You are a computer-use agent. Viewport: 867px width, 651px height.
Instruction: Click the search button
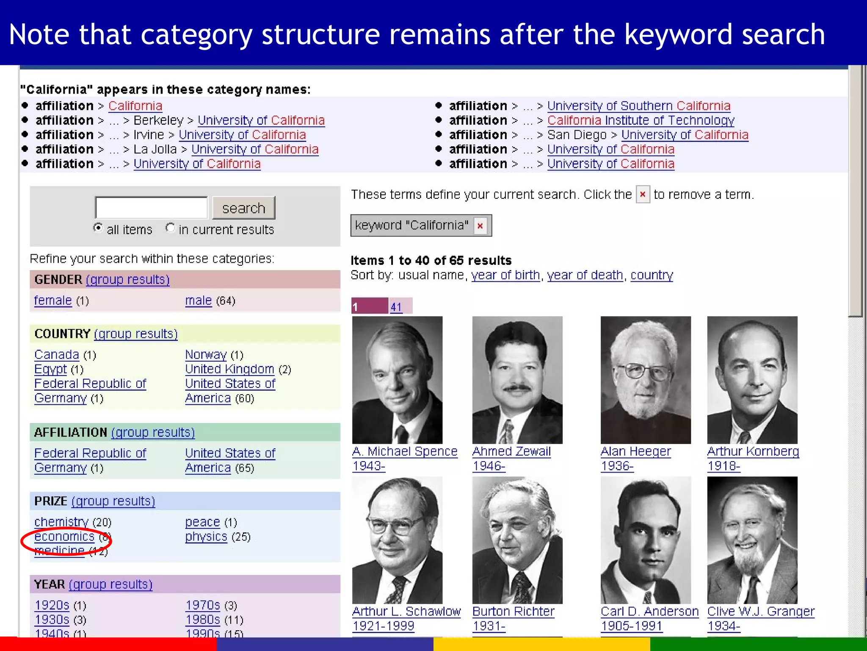coord(243,208)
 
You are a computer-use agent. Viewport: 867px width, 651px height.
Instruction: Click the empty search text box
coord(151,208)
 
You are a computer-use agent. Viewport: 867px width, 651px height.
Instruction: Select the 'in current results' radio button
coord(170,228)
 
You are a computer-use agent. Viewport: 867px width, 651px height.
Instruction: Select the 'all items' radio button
coord(98,228)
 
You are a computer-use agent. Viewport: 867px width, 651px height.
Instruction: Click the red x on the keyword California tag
coord(480,225)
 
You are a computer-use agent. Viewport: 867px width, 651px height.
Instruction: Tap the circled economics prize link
coord(64,537)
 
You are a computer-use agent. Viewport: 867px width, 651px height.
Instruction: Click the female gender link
coord(53,300)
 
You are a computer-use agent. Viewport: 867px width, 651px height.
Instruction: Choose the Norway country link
coord(206,354)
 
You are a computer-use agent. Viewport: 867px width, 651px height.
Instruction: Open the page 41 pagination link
coord(396,307)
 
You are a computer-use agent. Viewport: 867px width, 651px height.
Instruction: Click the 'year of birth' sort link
coord(505,275)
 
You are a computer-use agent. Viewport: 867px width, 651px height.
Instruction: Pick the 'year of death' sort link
coord(585,275)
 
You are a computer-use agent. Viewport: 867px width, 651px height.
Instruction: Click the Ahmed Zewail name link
coord(511,451)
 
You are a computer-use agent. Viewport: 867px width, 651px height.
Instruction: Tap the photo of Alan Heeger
coord(646,380)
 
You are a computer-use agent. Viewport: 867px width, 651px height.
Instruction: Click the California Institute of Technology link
coord(641,120)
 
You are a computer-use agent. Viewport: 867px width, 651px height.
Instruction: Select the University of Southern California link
coord(638,106)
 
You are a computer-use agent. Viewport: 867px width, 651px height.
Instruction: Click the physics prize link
coord(206,537)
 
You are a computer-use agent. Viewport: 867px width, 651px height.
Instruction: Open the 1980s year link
coord(203,620)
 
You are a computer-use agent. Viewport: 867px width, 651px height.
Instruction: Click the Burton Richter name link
coord(513,611)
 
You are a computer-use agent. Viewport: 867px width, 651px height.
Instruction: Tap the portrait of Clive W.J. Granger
coord(752,540)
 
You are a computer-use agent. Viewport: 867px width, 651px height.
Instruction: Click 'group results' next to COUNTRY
coord(135,334)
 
